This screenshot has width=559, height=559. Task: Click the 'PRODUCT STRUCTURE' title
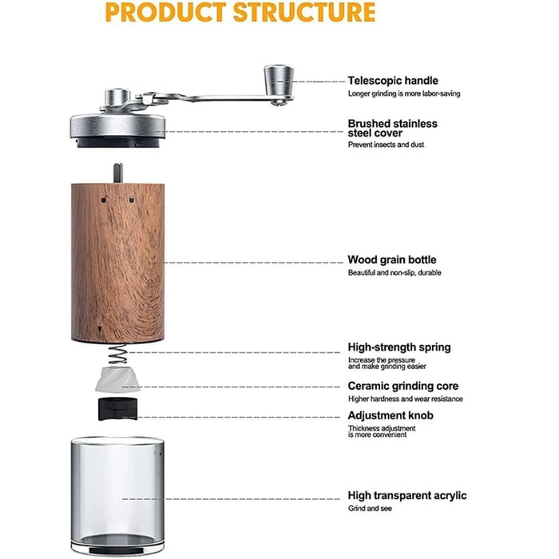coord(240,13)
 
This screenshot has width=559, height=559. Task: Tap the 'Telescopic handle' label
coord(392,81)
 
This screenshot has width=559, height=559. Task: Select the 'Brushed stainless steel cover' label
coord(392,129)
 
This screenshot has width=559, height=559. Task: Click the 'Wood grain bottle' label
coord(391,260)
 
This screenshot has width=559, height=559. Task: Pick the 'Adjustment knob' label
coord(391,415)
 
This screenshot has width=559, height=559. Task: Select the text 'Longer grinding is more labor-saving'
coord(403,93)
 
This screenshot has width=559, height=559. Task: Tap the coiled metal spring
coord(117,355)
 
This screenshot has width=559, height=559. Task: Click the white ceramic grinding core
coord(117,380)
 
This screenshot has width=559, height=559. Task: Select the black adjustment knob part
coord(117,408)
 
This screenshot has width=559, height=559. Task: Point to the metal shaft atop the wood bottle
coord(117,172)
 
